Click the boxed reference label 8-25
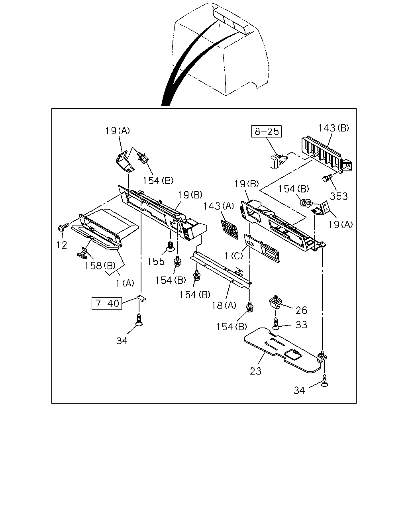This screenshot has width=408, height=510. click(x=266, y=131)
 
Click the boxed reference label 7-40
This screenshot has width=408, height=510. click(x=107, y=303)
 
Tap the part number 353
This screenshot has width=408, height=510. click(x=339, y=196)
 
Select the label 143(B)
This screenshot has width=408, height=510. click(x=333, y=128)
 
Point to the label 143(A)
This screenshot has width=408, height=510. click(x=219, y=206)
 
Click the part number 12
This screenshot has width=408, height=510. click(x=62, y=245)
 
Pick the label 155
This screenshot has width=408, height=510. click(x=156, y=261)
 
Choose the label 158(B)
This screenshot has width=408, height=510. click(x=100, y=266)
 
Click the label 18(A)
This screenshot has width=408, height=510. click(x=224, y=306)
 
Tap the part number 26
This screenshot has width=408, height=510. click(x=301, y=310)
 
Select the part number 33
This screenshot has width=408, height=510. click(x=301, y=325)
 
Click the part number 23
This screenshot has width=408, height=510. click(x=255, y=371)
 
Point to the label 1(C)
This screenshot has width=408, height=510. click(x=233, y=256)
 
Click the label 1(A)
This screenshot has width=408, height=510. click(x=125, y=283)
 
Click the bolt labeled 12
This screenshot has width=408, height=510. click(x=63, y=227)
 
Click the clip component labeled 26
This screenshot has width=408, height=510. click(x=276, y=302)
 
